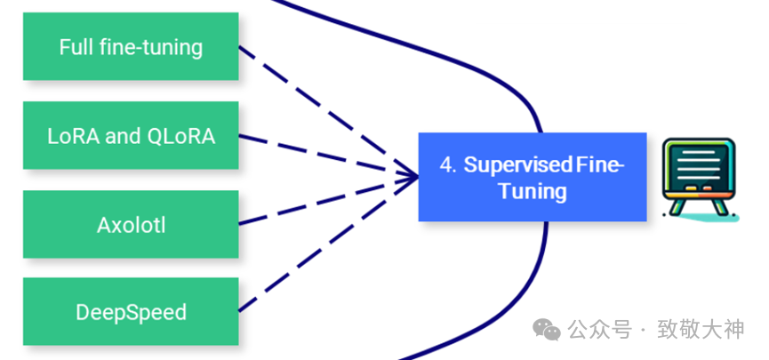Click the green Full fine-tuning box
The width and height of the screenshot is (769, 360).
point(131,46)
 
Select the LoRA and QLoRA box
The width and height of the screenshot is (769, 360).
point(131,136)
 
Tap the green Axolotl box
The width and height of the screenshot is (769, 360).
point(131,224)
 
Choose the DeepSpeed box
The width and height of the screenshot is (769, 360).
point(131,312)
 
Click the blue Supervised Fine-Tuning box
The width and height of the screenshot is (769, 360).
point(532,177)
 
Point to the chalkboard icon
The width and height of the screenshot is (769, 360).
point(699,176)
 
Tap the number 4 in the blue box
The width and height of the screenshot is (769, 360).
point(446,164)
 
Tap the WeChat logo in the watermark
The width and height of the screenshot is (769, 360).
point(547,330)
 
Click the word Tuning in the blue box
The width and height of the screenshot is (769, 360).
point(532,190)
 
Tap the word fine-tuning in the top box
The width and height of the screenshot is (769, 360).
point(150,47)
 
